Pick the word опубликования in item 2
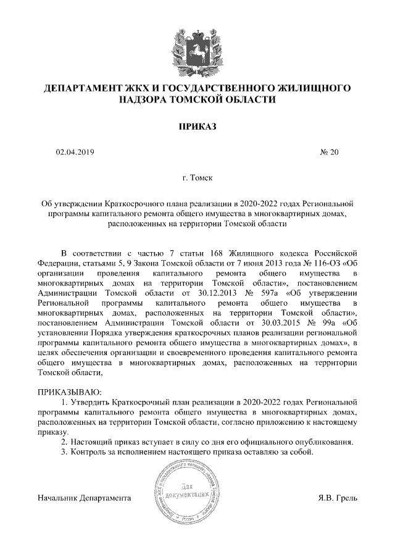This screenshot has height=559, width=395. coord(325,442)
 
